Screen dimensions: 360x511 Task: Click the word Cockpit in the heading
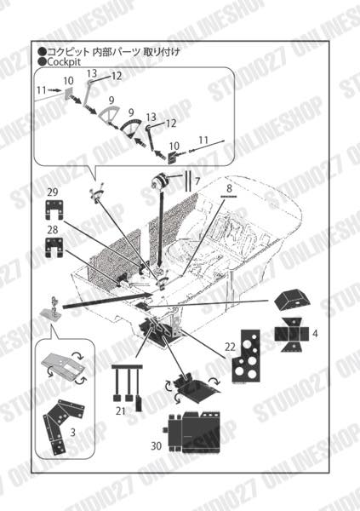click(x=64, y=61)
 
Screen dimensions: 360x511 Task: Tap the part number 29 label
click(x=53, y=192)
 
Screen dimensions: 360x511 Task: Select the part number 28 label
click(x=53, y=230)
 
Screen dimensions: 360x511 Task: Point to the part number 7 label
click(x=197, y=181)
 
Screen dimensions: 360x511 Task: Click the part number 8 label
click(x=229, y=188)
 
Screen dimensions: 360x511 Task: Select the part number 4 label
click(x=315, y=333)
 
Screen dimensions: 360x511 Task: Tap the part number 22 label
click(x=230, y=347)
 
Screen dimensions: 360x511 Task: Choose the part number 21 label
click(x=120, y=411)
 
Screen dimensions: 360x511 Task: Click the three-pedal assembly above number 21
click(x=128, y=385)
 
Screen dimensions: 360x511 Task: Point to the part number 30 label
click(x=156, y=445)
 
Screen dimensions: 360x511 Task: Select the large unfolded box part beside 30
click(x=195, y=432)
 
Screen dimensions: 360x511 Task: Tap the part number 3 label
click(x=72, y=433)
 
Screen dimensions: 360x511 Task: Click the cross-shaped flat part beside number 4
click(x=292, y=335)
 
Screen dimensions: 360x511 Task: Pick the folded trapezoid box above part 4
click(x=292, y=300)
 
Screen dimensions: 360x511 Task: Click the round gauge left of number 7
click(x=161, y=181)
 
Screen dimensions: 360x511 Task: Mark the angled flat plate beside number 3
click(x=64, y=423)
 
